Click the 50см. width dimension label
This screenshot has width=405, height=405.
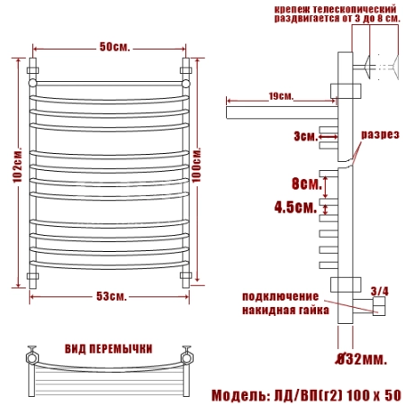point(114,47)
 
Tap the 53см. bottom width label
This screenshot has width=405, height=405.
point(112,296)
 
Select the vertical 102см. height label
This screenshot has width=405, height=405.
point(17,165)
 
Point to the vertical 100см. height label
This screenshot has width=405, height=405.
point(196,165)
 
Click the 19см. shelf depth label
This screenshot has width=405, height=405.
point(281,96)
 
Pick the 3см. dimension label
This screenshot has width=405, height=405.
point(305,137)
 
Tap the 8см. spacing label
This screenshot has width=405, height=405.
point(307,183)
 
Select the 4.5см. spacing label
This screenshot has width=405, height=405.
point(295,207)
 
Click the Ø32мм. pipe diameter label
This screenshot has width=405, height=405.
point(361,358)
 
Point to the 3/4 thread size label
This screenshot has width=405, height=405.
point(380,291)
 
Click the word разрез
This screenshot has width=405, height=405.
point(380,134)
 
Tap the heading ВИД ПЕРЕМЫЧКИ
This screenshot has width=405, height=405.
point(109,349)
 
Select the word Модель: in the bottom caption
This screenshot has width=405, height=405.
point(240,395)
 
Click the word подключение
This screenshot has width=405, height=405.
point(281,296)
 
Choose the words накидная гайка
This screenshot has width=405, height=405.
point(285,310)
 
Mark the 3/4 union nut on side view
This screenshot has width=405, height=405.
point(379,306)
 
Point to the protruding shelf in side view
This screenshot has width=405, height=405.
point(282,112)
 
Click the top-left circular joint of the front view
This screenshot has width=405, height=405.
point(32,83)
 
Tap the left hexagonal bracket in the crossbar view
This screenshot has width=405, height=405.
point(32,357)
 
